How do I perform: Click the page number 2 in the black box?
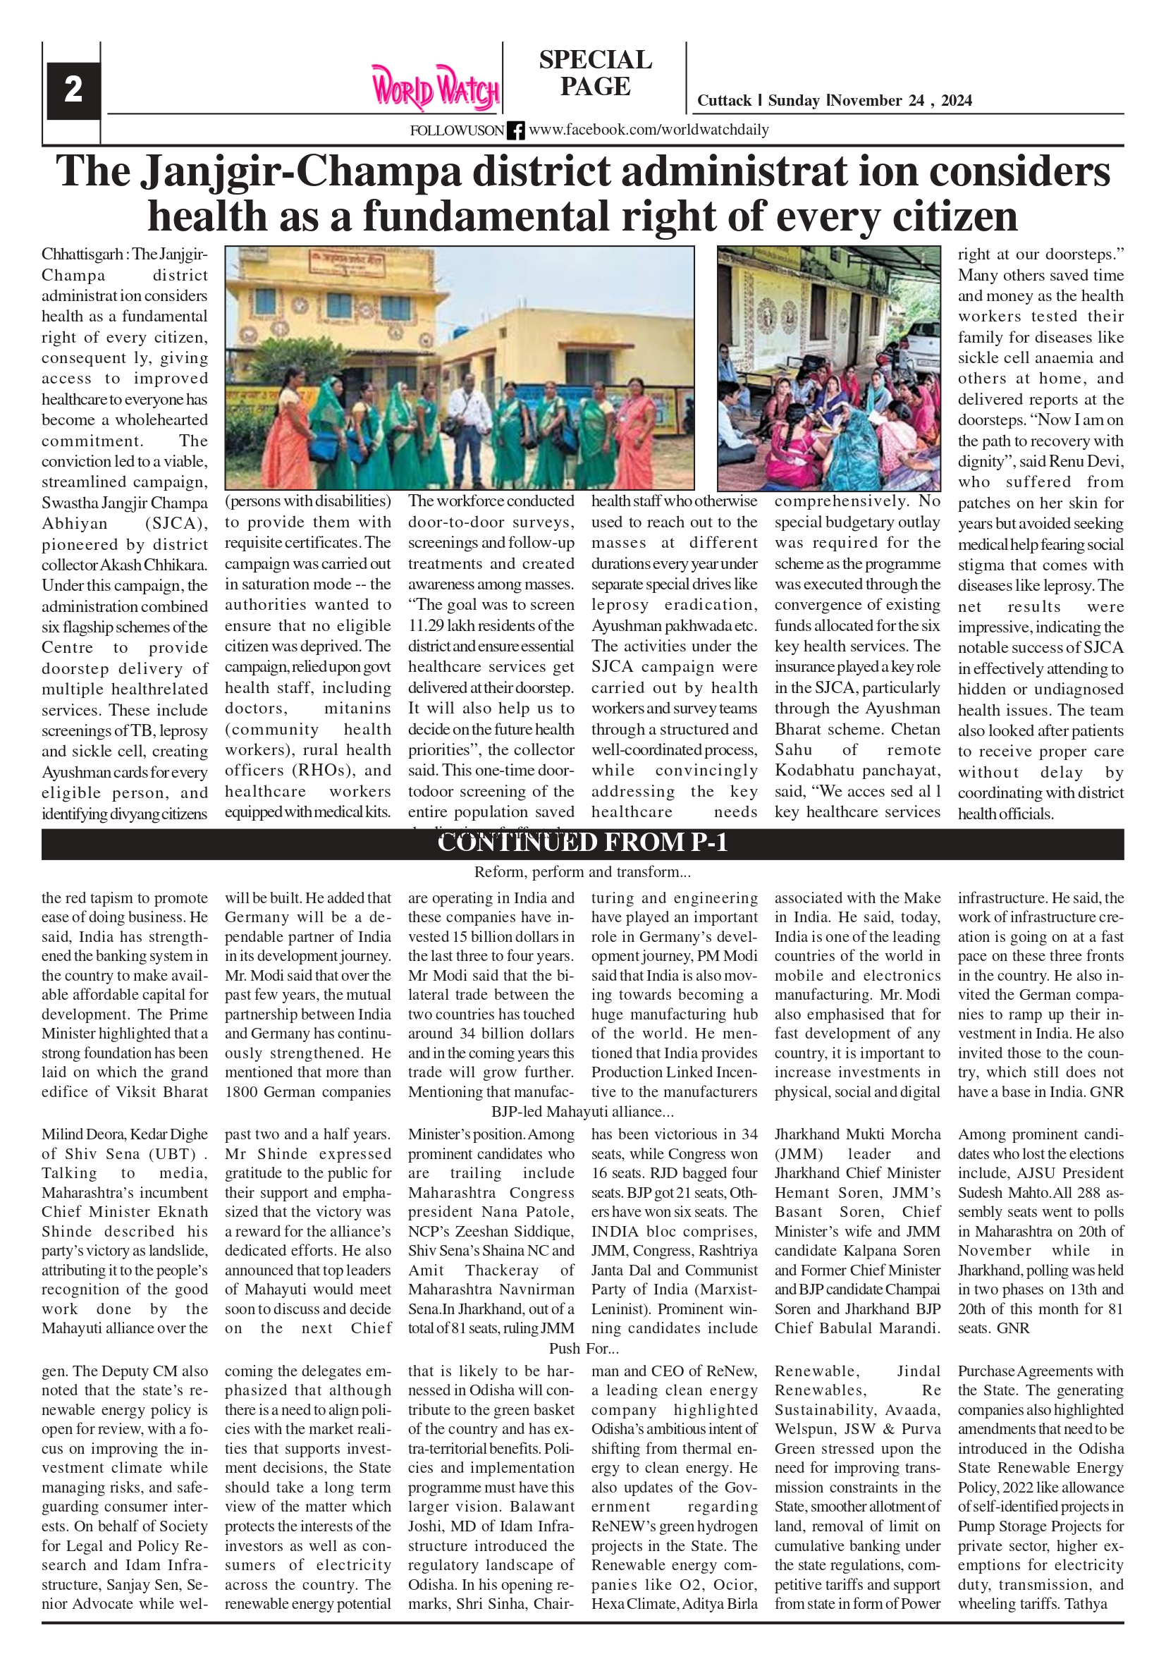click(x=73, y=90)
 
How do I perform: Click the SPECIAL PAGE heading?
click(x=595, y=73)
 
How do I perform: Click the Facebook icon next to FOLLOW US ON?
click(x=515, y=130)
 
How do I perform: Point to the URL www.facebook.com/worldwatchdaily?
click(x=648, y=130)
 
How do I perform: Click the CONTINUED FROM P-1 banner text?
click(x=582, y=843)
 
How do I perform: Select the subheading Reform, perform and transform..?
click(x=582, y=871)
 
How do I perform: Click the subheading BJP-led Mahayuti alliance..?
click(x=582, y=1112)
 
